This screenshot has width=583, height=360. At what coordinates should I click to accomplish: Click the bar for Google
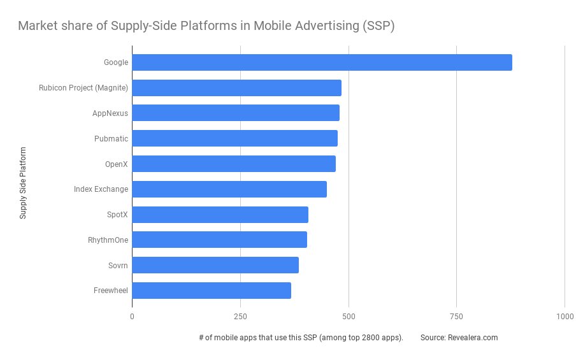(x=322, y=62)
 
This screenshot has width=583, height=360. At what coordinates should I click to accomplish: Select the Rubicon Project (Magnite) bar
(x=236, y=88)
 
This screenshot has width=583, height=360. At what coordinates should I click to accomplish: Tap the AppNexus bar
(x=236, y=113)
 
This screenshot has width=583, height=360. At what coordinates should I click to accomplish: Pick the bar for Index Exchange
(x=229, y=189)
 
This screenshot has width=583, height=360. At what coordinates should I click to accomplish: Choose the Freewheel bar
(x=212, y=291)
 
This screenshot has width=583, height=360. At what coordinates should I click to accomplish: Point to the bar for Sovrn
(x=215, y=265)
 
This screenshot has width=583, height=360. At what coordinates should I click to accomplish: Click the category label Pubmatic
(x=112, y=138)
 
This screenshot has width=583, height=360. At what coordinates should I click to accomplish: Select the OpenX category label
(x=117, y=164)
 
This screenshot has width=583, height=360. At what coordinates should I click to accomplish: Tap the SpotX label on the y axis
(x=117, y=215)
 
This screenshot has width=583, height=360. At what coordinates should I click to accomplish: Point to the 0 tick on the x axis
(x=132, y=316)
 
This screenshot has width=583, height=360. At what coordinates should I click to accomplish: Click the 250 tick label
(x=240, y=316)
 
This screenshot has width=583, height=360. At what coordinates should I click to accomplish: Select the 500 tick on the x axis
(x=349, y=316)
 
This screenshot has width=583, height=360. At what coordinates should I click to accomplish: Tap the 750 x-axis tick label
(x=456, y=316)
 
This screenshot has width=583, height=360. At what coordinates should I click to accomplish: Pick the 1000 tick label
(x=565, y=316)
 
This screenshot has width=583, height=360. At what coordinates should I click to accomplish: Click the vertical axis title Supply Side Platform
(x=23, y=183)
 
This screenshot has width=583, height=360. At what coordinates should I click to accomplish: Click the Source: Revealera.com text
(x=459, y=338)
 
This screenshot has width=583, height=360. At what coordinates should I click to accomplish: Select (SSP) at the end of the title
(x=380, y=26)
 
